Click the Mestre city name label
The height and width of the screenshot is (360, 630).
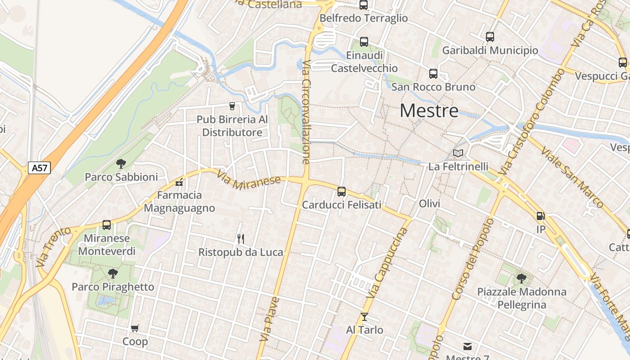pos(429,111)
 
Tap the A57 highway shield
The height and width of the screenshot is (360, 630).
pos(39,168)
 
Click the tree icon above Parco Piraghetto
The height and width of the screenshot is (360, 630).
pos(113,273)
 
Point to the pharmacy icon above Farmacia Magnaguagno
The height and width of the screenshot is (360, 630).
pos(179,182)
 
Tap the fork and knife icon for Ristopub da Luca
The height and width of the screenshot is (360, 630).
pos(241,238)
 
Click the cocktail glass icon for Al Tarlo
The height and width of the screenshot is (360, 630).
pos(364,317)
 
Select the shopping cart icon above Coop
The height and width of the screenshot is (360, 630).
pos(135,328)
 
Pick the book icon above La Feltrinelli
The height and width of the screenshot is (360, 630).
pos(458,153)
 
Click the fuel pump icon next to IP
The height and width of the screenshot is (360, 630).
pos(540,216)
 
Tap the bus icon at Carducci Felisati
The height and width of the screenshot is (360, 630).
pos(342,192)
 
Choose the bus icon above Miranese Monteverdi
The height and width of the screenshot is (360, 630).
pos(107,225)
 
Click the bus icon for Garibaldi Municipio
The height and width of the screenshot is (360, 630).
pos(490,37)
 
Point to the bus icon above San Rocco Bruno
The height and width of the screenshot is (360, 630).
pos(433,73)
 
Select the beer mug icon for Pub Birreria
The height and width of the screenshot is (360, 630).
pos(232,106)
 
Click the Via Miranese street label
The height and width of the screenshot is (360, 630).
pos(249,180)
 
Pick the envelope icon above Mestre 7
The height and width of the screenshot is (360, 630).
pos(468,346)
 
